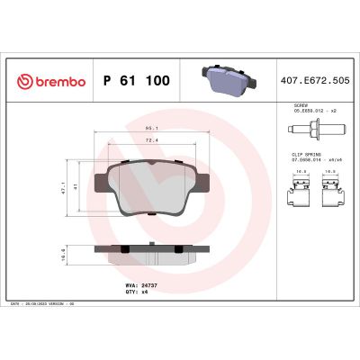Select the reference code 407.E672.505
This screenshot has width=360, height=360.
pos(313,81)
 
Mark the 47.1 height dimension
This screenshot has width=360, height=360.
pos(78,191)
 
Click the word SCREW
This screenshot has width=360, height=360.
pos(301,105)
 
